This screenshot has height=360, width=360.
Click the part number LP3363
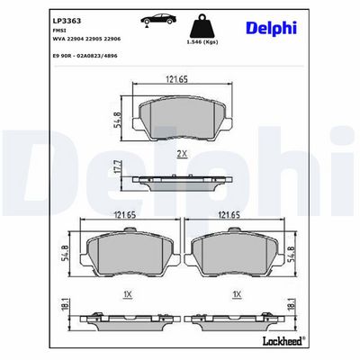click(67, 22)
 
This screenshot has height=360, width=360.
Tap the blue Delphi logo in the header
click(271, 29)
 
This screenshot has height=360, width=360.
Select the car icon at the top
click(158, 20)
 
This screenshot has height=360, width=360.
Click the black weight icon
click(202, 26)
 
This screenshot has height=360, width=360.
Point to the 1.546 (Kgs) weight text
click(202, 42)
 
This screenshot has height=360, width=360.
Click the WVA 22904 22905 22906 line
click(86, 39)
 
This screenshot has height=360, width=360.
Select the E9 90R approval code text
click(85, 56)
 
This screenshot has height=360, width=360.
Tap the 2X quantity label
click(182, 154)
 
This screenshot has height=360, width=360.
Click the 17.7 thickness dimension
click(117, 167)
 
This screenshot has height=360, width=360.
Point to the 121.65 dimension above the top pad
click(176, 79)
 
